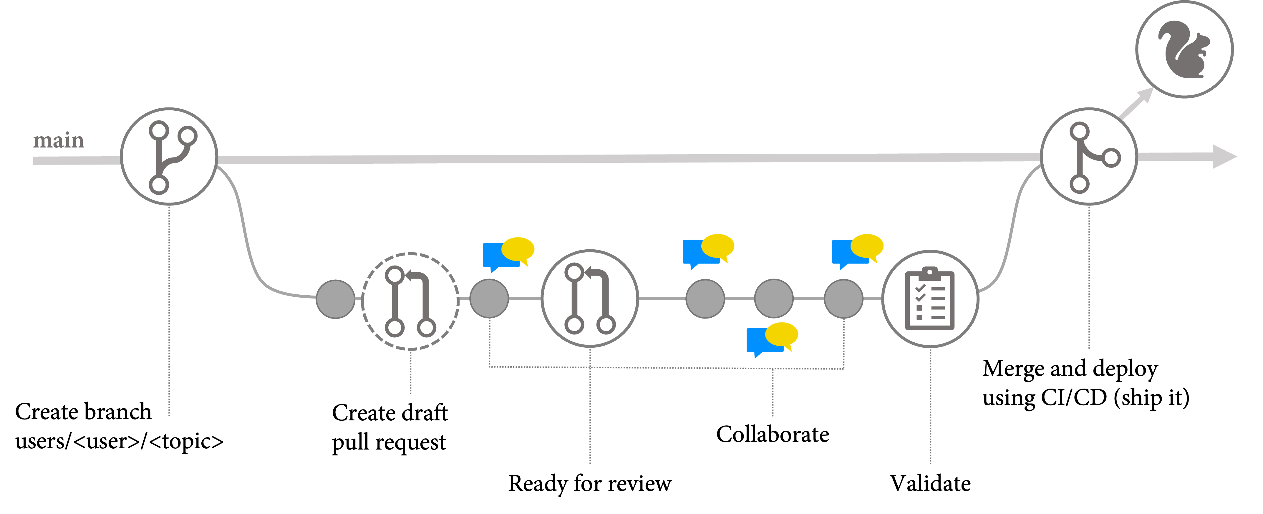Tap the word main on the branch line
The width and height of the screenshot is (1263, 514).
pos(58,141)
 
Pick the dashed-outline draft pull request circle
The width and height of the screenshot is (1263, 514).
pos(410,301)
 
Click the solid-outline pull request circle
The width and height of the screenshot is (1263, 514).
pos(590,299)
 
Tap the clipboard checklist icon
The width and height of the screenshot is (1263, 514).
pos(930,299)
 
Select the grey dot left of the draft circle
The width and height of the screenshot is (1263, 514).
pos(335,299)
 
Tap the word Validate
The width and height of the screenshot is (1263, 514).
pos(930,484)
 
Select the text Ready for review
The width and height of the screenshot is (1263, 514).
pos(589,484)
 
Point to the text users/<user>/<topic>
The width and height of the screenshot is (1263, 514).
pos(119,441)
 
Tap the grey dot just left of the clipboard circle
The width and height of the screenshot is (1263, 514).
pos(843,299)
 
